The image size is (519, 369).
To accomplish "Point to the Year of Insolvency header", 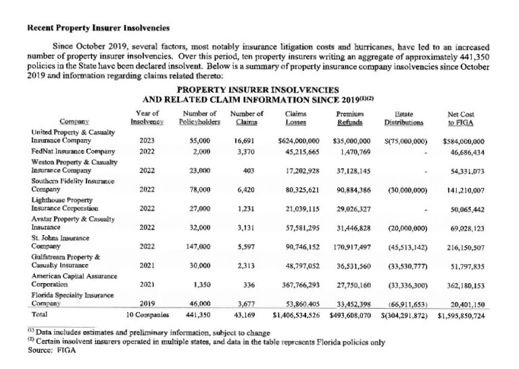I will pos(147,118).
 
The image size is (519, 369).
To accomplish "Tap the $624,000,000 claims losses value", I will pos(299,141).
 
